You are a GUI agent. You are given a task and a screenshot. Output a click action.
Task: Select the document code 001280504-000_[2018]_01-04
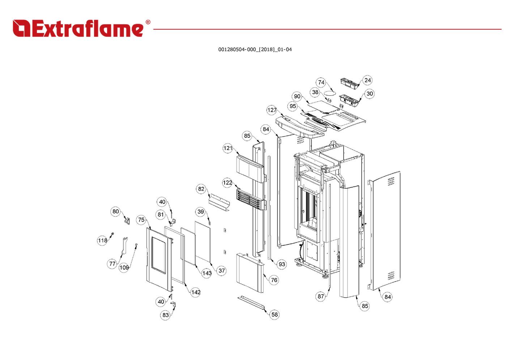coord(255,50)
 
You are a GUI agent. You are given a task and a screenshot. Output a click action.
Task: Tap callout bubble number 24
coord(367,80)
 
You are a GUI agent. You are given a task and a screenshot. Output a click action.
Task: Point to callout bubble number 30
coord(369,94)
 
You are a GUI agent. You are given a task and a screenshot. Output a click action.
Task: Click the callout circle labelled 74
coord(321,82)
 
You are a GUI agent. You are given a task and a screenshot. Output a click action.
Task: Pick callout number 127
coord(272,110)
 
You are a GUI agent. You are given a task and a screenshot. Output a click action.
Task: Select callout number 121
coord(228,148)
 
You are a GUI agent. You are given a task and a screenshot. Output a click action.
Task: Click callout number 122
coord(227,183)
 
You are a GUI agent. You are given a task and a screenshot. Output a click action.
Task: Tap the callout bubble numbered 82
coord(201,189)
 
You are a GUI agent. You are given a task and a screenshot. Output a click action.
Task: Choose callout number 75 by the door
coord(141,220)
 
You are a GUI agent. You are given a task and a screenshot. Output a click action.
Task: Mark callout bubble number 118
coord(102,240)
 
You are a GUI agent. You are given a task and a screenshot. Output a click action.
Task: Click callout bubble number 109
coord(124,267)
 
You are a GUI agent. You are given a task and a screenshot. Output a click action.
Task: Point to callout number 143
coord(207,273)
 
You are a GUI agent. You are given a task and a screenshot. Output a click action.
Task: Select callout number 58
coord(275,314)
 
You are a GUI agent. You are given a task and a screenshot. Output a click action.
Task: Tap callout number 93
coord(282,264)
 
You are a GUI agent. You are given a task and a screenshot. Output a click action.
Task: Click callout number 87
coord(321,296)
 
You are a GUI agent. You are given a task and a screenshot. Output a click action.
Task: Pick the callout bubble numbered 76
coord(274,280)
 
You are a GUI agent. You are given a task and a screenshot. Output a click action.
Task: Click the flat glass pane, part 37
coord(203,240)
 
